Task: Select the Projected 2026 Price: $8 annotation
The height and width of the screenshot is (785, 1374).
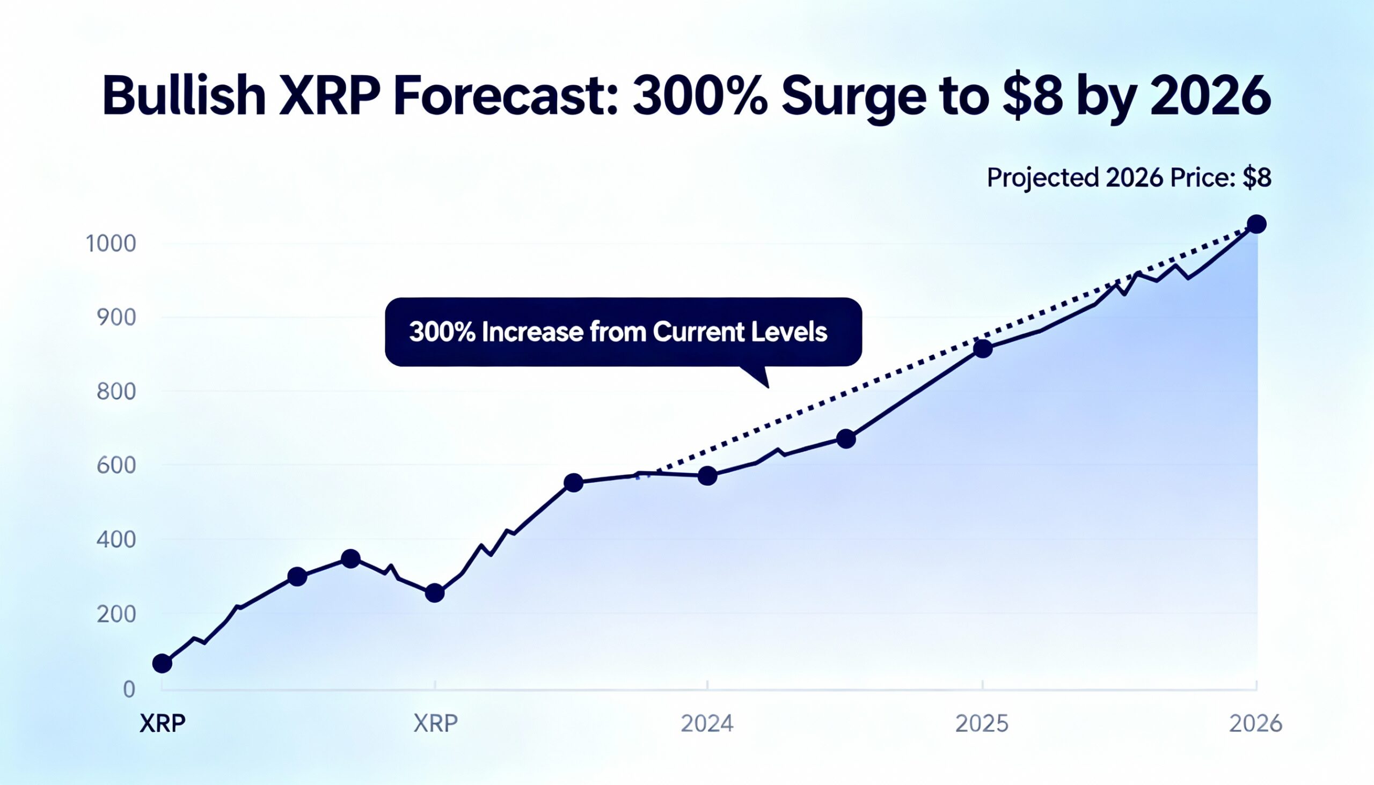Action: pos(1129,178)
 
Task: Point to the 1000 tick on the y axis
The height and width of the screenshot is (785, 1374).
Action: pos(111,244)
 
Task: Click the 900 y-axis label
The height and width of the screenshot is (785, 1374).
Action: pos(116,318)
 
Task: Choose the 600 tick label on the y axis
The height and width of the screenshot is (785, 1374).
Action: pos(116,466)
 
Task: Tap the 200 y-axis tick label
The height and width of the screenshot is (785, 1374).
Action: pos(116,614)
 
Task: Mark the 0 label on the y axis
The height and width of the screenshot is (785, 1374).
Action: pos(128,689)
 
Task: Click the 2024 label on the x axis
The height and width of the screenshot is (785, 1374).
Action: pos(707,723)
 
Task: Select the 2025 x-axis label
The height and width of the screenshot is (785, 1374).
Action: pos(982,723)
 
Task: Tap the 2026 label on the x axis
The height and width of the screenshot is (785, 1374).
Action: pos(1255,723)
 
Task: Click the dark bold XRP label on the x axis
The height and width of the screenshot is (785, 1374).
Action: pos(162,723)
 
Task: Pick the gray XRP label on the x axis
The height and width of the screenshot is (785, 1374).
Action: pos(435,723)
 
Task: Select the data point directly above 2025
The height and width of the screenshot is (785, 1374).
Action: pos(983,349)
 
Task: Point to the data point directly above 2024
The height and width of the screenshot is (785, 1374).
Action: pos(707,475)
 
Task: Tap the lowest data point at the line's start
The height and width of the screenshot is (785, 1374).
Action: pos(162,663)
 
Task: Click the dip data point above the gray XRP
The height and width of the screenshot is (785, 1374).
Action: pos(435,593)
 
